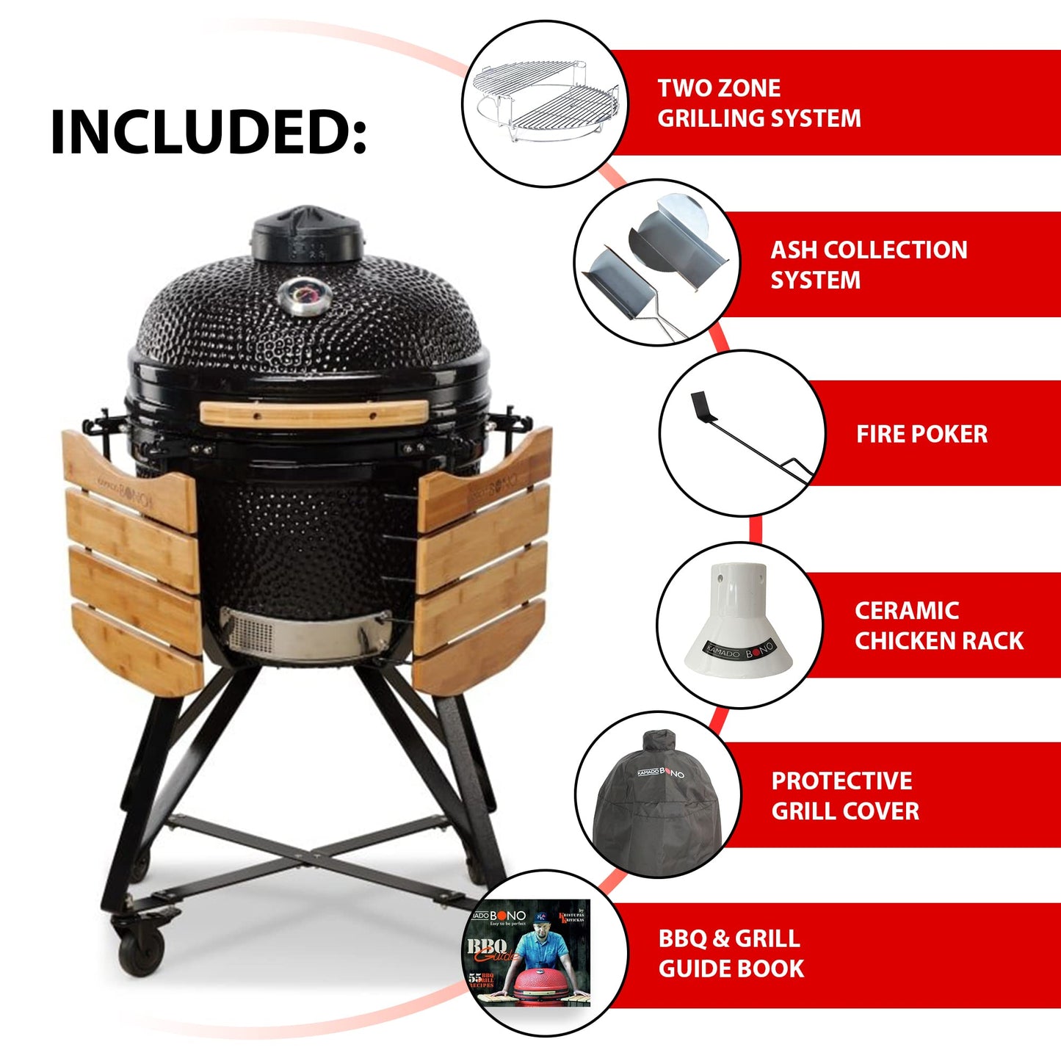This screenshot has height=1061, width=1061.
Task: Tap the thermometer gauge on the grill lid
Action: [x=304, y=297]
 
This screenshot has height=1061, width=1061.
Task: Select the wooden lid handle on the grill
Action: [x=314, y=413]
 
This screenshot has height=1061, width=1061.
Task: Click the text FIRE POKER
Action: [x=921, y=434]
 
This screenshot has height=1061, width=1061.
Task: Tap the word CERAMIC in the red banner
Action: [x=907, y=610]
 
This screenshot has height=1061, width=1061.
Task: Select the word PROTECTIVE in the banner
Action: [x=841, y=781]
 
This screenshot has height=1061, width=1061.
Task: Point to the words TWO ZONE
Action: [x=719, y=88]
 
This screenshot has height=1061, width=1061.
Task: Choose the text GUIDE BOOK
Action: [x=731, y=968]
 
